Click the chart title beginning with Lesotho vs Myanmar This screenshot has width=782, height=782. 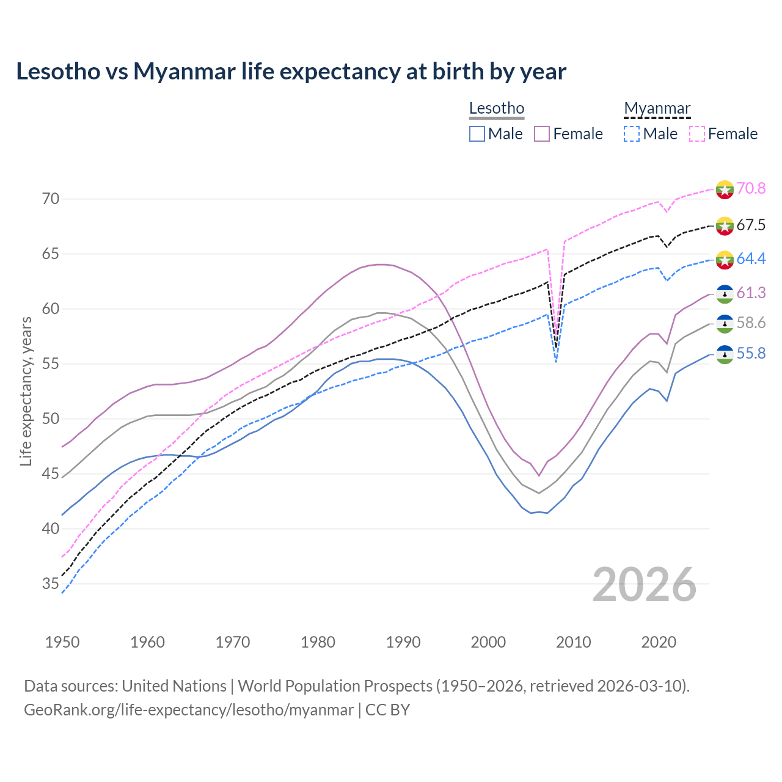coord(291,71)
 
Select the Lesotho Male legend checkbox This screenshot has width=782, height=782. coord(477,134)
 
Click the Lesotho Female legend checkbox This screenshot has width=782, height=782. coord(542,134)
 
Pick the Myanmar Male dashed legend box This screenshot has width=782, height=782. coord(632,134)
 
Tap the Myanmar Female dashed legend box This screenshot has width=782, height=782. coord(697,134)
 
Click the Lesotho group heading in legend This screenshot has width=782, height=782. coord(497,109)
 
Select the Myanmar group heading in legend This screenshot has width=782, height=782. coord(657,109)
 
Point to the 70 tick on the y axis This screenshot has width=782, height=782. coord(51,199)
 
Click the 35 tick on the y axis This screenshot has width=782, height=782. coord(51,584)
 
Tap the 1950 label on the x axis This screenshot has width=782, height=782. coord(62,642)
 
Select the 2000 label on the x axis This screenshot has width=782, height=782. coord(488,642)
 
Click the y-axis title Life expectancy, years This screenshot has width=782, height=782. coord(26,391)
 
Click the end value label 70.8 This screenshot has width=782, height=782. coord(751,189)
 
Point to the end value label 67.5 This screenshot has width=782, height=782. coord(751,225)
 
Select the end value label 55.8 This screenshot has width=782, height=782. coord(751,354)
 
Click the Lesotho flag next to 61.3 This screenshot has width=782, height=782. coord(725,294)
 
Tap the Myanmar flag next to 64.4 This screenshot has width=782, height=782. coord(725,259)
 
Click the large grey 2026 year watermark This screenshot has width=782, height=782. coord(645,585)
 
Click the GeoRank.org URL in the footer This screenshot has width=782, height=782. coord(189,710)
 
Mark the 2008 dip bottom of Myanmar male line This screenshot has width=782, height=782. coord(556,362)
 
